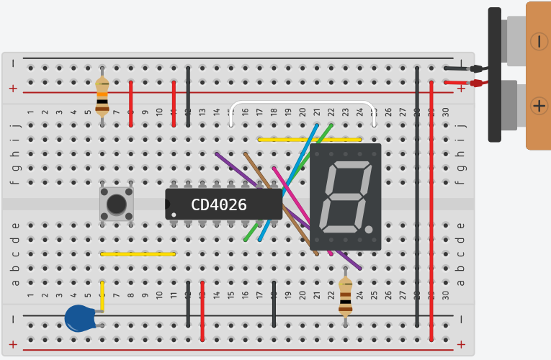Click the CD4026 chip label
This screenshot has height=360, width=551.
pyautogui.click(x=218, y=205)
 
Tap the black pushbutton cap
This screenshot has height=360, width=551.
pyautogui.click(x=117, y=204)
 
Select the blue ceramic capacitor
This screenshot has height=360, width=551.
pyautogui.click(x=79, y=318)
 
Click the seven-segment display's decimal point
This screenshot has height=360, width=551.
pyautogui.click(x=369, y=230)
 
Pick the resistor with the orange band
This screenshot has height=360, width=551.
pyautogui.click(x=102, y=96)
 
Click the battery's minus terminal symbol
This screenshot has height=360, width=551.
pyautogui.click(x=539, y=41)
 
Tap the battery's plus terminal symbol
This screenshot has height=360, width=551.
pyautogui.click(x=539, y=106)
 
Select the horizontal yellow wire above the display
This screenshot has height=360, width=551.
pyautogui.click(x=310, y=139)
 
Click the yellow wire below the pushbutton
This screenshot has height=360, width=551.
pyautogui.click(x=138, y=253)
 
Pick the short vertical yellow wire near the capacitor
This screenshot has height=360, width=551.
pyautogui.click(x=102, y=295)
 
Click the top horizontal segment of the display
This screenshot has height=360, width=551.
pyautogui.click(x=351, y=165)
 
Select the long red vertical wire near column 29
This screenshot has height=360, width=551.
pyautogui.click(x=431, y=209)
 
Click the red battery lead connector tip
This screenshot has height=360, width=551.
pyautogui.click(x=476, y=83)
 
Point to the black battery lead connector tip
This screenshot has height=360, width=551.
pyautogui.click(x=476, y=69)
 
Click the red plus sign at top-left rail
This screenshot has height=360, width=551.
pyautogui.click(x=12, y=89)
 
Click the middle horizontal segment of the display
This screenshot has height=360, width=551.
pyautogui.click(x=345, y=197)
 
